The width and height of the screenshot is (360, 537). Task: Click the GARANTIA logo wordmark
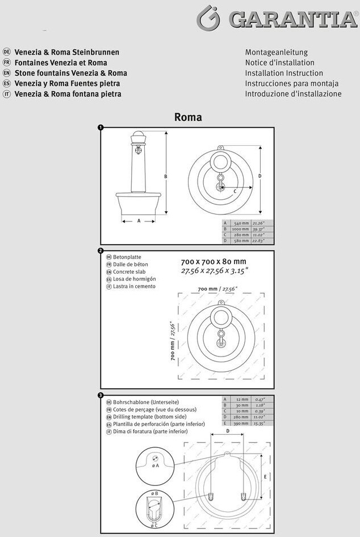tap(292, 19)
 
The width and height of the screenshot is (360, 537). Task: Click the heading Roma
tap(188, 118)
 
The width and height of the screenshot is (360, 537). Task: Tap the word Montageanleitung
tap(276, 52)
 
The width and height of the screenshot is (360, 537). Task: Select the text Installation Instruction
tap(284, 73)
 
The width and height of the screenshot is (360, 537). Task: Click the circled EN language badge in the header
tap(7, 73)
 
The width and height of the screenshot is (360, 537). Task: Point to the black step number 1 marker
tap(101, 128)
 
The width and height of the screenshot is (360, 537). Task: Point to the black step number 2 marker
tap(101, 251)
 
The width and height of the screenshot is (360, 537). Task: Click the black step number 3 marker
tap(101, 395)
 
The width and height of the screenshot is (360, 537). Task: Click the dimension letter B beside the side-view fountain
tap(166, 177)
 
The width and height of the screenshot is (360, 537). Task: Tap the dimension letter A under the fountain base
tap(139, 221)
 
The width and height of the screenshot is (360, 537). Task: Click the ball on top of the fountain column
tap(139, 136)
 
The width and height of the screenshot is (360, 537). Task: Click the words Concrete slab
tap(129, 272)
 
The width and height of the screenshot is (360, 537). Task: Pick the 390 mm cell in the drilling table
tap(241, 423)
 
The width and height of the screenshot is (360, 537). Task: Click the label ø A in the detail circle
tap(156, 465)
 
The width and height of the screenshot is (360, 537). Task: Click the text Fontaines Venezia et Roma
tap(61, 63)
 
